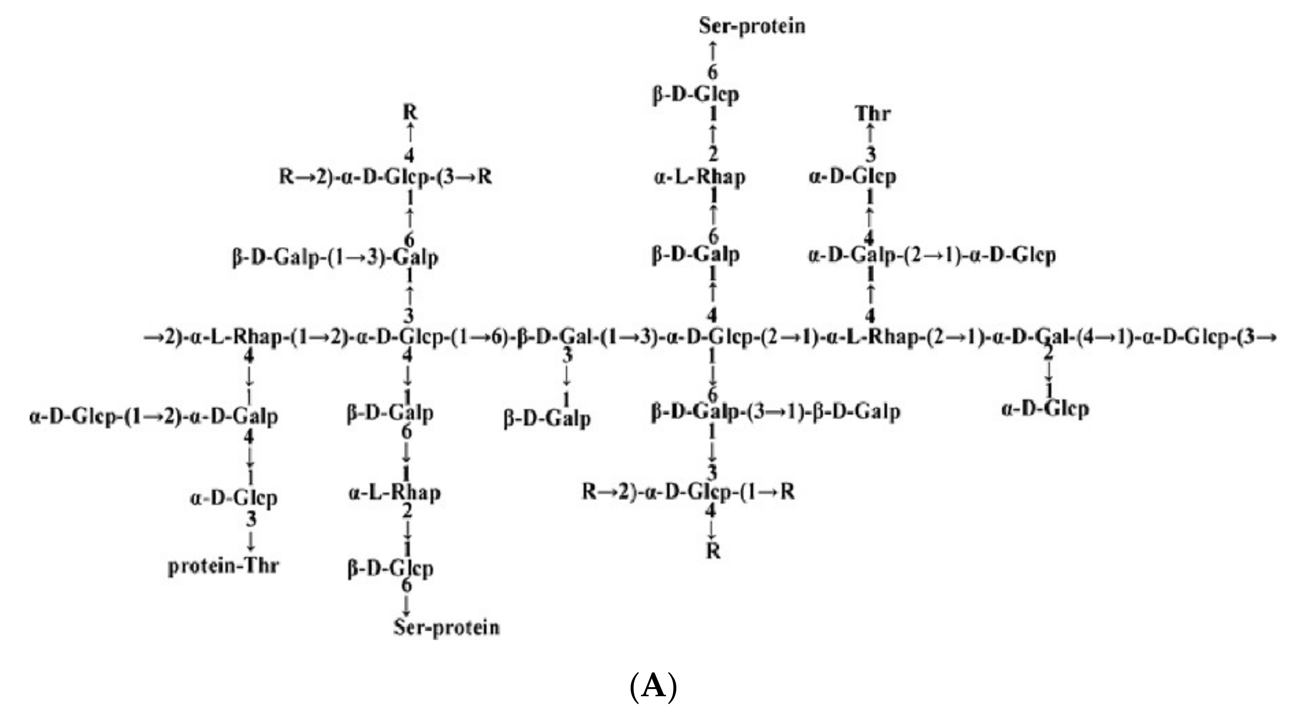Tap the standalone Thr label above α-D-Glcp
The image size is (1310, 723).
[873, 113]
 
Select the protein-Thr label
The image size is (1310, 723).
[224, 566]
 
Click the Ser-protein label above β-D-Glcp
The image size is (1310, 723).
[752, 26]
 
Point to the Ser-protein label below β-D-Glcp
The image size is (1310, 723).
[447, 627]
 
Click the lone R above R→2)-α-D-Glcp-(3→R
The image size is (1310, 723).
[410, 112]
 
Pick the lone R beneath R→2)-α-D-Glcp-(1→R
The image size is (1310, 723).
[714, 551]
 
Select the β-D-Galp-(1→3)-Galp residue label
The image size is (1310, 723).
[335, 258]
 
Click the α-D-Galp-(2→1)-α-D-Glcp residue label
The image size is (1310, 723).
[932, 255]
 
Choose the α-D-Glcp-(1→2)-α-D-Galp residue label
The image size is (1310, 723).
[153, 417]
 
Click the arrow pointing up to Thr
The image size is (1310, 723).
[870, 133]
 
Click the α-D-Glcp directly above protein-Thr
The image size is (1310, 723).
[234, 497]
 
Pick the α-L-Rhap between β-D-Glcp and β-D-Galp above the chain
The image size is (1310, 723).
[700, 177]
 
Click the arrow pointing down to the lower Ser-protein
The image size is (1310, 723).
[406, 605]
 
